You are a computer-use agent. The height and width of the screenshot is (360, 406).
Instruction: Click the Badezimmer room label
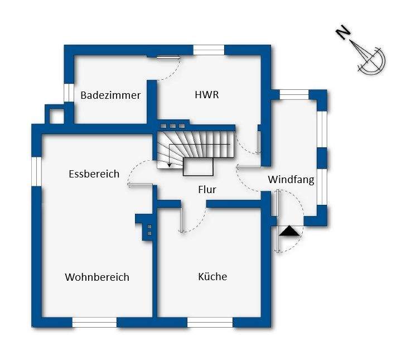(x=110, y=95)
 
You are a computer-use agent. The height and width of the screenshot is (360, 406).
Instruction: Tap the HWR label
(x=206, y=95)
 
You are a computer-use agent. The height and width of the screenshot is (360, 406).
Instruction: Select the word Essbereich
(x=94, y=174)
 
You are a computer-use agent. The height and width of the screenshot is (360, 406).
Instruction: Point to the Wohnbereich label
(x=97, y=277)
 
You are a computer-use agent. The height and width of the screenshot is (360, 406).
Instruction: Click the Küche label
(x=212, y=276)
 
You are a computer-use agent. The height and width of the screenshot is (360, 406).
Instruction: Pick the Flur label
(x=207, y=190)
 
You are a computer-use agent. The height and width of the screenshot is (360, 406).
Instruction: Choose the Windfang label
(x=291, y=180)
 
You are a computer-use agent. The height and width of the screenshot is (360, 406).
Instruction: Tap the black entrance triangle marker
(x=289, y=231)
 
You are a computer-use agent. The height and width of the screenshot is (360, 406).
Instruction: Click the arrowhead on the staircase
(x=170, y=165)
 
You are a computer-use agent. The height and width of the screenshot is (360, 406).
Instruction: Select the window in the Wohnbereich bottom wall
(x=94, y=322)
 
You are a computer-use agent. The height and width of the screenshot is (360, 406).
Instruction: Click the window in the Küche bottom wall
(x=210, y=322)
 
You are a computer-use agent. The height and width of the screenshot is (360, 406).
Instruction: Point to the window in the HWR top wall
(x=209, y=50)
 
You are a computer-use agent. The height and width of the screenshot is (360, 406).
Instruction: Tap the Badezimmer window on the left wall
(x=69, y=93)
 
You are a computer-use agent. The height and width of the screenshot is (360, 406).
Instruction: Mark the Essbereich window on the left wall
(x=36, y=171)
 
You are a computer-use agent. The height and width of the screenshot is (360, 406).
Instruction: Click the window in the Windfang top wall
(x=294, y=94)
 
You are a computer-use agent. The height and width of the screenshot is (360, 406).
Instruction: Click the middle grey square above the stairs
(x=173, y=126)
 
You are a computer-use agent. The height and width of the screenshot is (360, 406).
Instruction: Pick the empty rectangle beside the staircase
(x=198, y=166)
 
